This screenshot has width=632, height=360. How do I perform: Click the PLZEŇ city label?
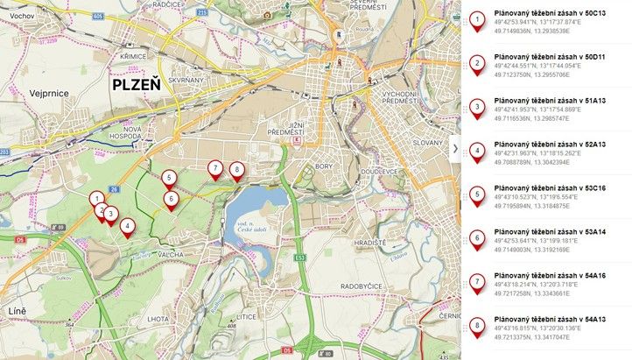136,85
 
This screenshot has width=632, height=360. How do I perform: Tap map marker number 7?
214,168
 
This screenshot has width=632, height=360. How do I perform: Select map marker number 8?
235,169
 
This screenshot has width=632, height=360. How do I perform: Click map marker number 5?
169,178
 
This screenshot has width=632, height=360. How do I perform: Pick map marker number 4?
128,226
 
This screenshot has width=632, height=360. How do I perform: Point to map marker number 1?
95,199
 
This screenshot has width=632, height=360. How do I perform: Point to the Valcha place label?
172,254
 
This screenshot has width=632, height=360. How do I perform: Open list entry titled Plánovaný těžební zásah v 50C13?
544,13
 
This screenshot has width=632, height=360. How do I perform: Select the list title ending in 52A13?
544,145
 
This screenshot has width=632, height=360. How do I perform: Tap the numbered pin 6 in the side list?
476,237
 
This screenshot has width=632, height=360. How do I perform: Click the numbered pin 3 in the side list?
476,106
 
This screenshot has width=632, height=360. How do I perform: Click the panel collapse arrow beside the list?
455,150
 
